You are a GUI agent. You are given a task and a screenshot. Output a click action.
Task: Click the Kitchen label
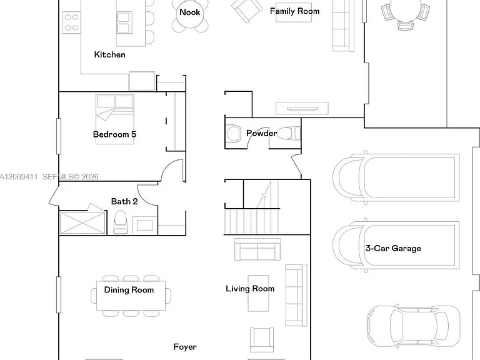(109, 54)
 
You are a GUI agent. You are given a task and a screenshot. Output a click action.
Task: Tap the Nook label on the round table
(190, 12)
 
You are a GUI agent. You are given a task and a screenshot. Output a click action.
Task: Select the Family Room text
(294, 11)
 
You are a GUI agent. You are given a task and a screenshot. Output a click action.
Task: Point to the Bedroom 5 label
(114, 134)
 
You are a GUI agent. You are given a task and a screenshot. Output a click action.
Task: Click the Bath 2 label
(124, 201)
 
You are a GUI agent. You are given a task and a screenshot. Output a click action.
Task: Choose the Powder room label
(261, 133)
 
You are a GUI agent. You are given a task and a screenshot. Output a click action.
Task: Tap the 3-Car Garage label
(393, 248)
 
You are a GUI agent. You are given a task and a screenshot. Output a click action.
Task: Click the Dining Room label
(129, 290)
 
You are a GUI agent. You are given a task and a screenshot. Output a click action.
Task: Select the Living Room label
(250, 289)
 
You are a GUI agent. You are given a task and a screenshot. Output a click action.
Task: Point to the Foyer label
(185, 347)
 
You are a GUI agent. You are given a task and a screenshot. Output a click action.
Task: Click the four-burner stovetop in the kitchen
(72, 22)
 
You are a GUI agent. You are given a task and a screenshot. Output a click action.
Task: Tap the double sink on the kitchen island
(124, 22)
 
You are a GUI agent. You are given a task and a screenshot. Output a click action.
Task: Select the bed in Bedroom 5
(115, 119)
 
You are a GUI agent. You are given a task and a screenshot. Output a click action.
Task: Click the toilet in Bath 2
(120, 222)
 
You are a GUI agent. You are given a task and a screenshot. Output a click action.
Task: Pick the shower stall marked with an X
(82, 223)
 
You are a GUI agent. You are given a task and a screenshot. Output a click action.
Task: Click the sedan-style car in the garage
(413, 326)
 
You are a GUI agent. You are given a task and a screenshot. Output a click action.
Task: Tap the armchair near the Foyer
(262, 339)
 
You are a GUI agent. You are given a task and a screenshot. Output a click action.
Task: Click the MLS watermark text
(49, 177)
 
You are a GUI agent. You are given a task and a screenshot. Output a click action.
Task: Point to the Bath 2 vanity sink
(145, 225)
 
